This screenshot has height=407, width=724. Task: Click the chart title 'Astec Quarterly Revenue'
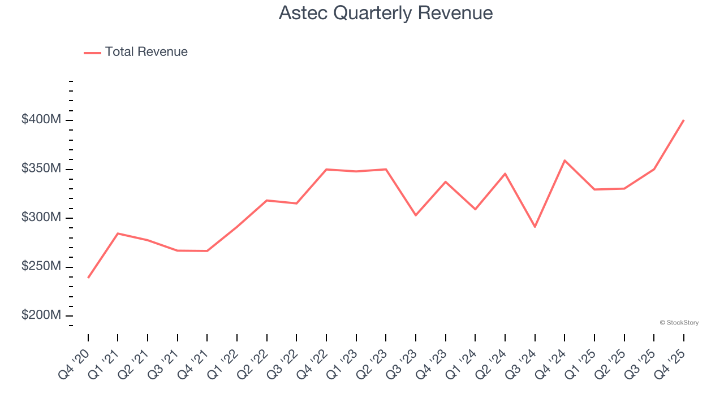tap(385, 13)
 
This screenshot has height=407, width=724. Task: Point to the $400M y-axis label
tap(41, 120)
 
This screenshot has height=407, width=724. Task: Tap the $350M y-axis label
tap(41, 168)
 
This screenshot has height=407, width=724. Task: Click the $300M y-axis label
tap(41, 218)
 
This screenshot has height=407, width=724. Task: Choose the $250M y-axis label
tap(41, 266)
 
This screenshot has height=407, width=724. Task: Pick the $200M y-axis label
tap(41, 315)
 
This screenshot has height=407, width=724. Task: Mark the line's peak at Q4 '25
tap(684, 120)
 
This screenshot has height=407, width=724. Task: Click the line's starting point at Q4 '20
tap(88, 278)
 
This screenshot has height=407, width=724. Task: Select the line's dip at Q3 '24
tap(535, 227)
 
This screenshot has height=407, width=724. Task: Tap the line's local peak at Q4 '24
tap(564, 160)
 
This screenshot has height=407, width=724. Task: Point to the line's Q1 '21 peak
tap(118, 233)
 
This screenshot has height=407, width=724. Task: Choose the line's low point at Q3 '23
tap(416, 215)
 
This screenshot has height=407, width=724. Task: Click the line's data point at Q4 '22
tap(326, 169)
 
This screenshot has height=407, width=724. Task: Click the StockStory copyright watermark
tap(679, 323)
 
